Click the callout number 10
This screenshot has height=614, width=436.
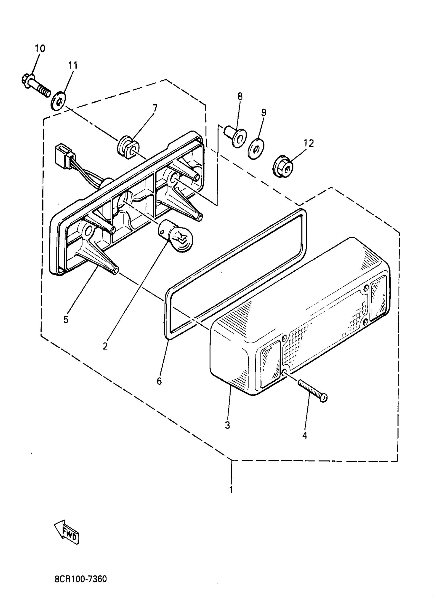[x=40, y=48]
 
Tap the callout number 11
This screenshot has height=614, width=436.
[x=73, y=65]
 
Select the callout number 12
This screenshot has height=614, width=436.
[x=310, y=143]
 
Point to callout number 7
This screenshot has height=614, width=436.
[x=155, y=108]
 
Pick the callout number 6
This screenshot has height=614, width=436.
[x=159, y=381]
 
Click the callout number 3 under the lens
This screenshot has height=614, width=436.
[x=227, y=425]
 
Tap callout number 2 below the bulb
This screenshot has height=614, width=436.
[x=105, y=346]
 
